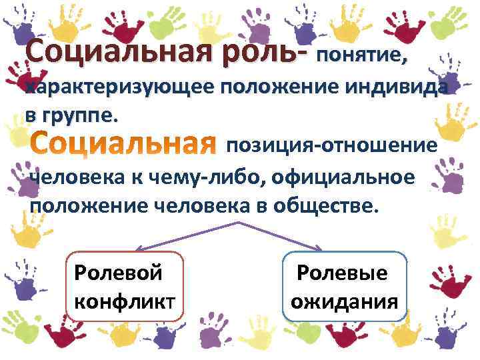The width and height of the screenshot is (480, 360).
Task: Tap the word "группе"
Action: click(79, 115)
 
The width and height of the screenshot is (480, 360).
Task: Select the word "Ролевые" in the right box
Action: click(343, 273)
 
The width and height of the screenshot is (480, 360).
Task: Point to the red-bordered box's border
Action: click(68, 287)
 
